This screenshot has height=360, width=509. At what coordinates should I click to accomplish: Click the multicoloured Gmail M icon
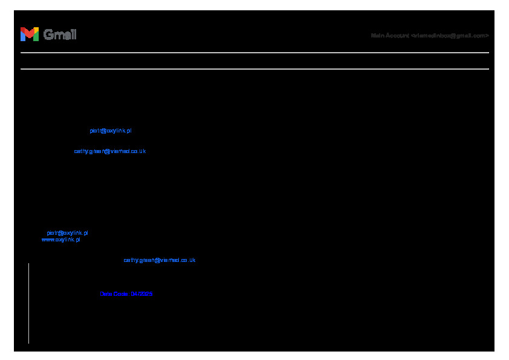click(x=29, y=34)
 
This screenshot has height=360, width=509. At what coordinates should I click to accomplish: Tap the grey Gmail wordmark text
click(x=60, y=34)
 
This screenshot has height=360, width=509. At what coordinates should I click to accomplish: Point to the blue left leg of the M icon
click(x=22, y=36)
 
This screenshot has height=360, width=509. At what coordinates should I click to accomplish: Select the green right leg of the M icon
click(x=36, y=36)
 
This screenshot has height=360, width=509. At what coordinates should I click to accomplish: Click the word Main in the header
click(x=377, y=36)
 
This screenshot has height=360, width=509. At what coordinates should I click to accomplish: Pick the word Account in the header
click(x=397, y=36)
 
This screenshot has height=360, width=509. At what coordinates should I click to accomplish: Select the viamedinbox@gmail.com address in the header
click(x=450, y=36)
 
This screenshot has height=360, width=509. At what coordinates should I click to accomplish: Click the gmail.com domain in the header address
click(x=472, y=36)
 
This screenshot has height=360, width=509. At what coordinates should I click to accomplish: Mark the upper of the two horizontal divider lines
click(x=254, y=53)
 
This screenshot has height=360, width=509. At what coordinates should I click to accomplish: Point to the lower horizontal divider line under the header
click(x=254, y=69)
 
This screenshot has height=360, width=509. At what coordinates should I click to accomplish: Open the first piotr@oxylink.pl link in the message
click(x=111, y=131)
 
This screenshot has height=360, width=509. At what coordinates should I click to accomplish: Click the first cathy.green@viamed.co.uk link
click(x=110, y=151)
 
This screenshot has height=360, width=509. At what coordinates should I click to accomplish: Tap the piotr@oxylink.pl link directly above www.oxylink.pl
click(x=68, y=233)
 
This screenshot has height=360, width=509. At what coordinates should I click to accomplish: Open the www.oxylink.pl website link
click(x=61, y=240)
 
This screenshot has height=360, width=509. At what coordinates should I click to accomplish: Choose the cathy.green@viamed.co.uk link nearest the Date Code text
click(x=160, y=260)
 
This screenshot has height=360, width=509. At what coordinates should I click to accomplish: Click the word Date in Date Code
click(x=106, y=294)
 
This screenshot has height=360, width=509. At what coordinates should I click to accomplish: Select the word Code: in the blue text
click(x=122, y=294)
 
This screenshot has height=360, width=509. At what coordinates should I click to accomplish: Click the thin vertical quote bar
click(x=28, y=303)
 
